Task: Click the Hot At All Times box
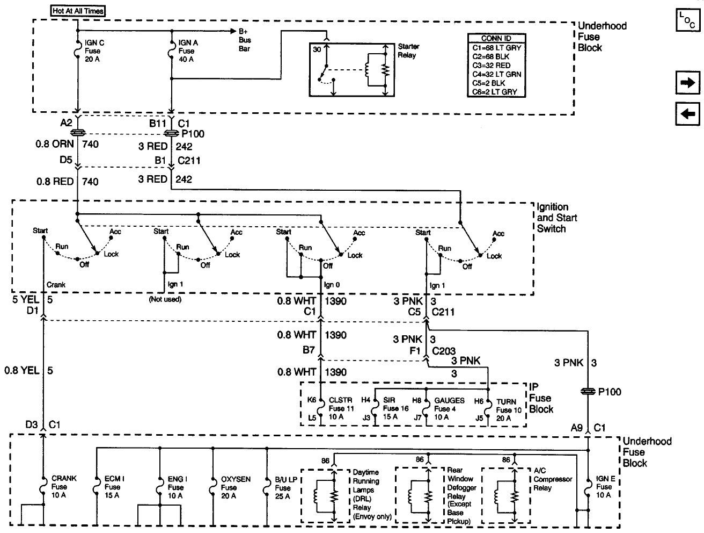(78, 10)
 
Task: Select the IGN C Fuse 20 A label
(94, 51)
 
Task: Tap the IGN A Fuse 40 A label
(186, 51)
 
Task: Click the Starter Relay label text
(408, 51)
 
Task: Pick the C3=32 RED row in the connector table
(488, 66)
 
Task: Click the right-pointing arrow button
(687, 83)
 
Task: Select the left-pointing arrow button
(687, 113)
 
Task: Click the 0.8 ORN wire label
(54, 144)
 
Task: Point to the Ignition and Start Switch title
(553, 218)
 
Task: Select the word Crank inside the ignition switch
(56, 285)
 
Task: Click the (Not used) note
(165, 299)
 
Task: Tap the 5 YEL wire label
(25, 299)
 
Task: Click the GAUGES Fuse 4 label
(449, 409)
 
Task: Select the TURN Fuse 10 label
(508, 409)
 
